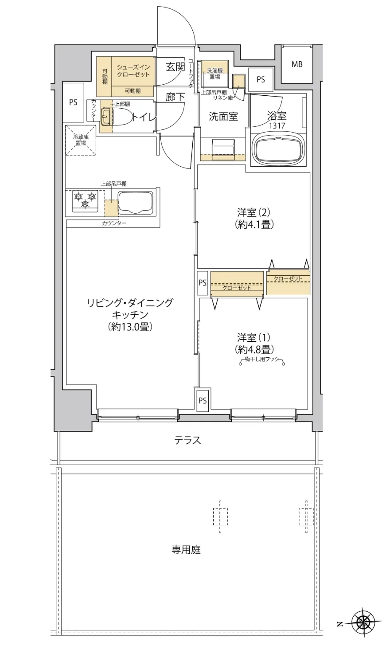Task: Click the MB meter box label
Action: tap(297, 64)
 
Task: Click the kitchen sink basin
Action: tap(135, 203)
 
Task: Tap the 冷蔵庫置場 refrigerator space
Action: tap(81, 140)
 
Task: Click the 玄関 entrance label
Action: tap(175, 67)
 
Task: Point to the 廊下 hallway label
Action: tap(175, 97)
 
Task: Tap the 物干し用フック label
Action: tap(261, 360)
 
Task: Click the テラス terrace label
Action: tap(187, 440)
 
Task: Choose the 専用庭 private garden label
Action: tap(186, 550)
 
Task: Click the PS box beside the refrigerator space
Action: tap(73, 102)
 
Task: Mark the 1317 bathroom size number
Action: tap(277, 126)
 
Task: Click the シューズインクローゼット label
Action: tap(133, 71)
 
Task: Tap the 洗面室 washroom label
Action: tap(223, 117)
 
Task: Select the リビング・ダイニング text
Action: tap(130, 304)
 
